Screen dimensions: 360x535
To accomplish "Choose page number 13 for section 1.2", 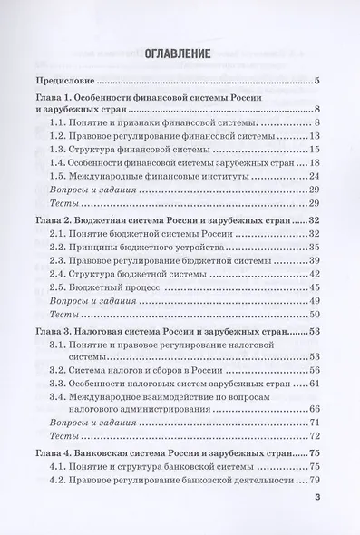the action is coord(315,135).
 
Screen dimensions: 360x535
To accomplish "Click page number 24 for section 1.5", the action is coord(315,174).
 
